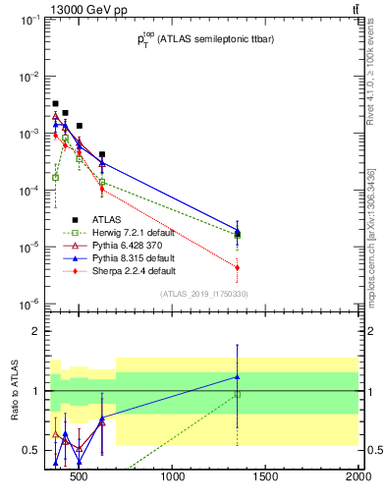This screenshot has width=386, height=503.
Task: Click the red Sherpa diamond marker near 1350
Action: (x=238, y=267)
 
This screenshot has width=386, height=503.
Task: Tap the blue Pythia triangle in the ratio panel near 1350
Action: (x=238, y=376)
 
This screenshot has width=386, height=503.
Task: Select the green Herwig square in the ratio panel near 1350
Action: (x=238, y=394)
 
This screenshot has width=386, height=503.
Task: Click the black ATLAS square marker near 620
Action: (x=102, y=154)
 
